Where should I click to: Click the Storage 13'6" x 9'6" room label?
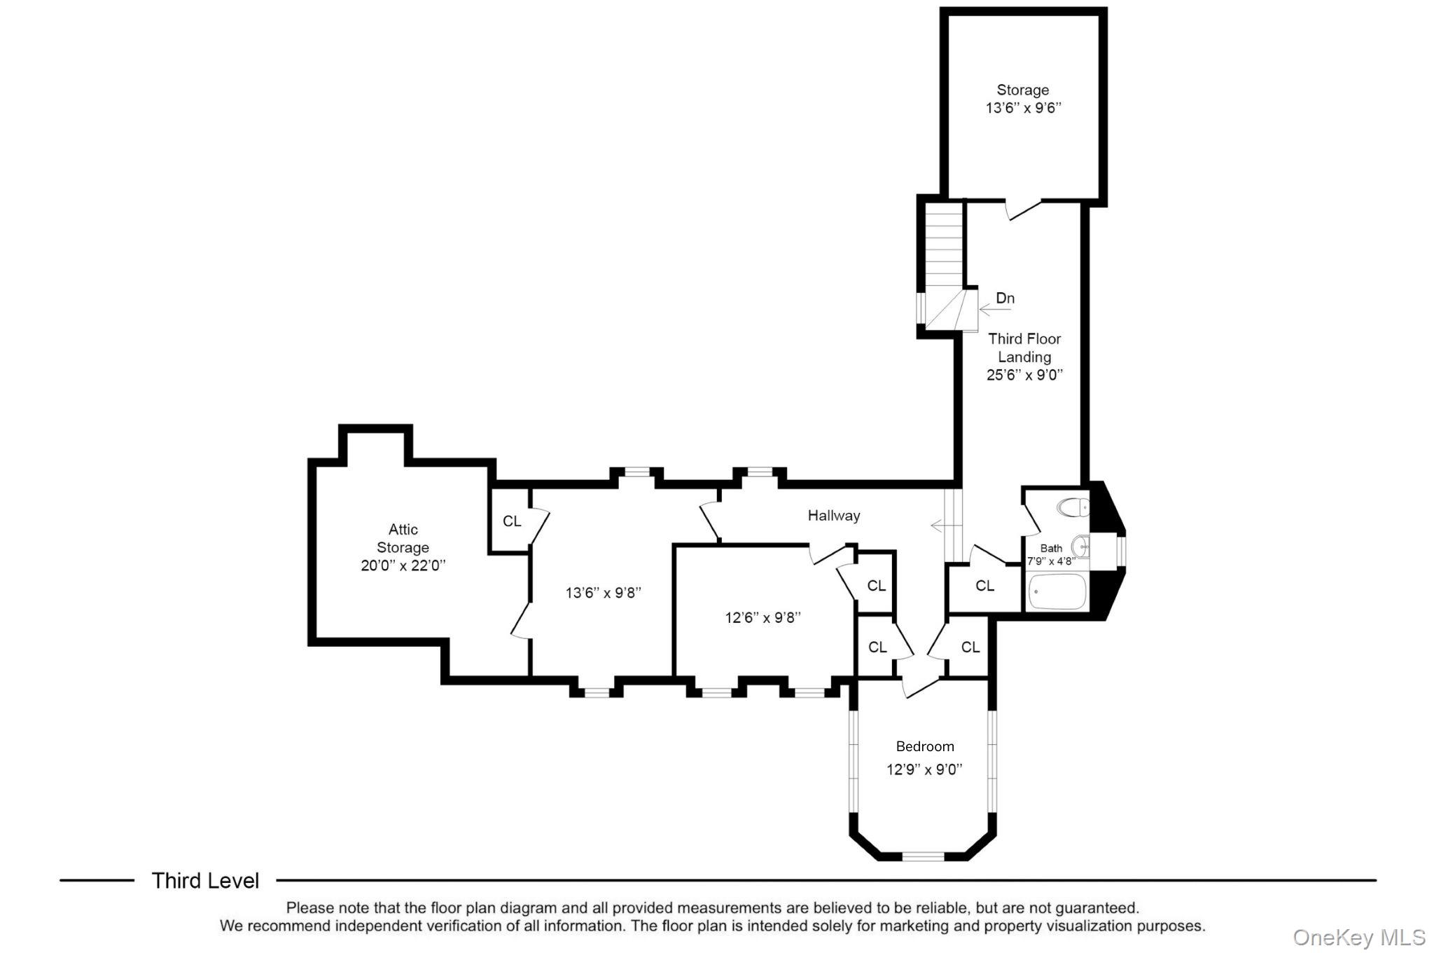coord(1023,99)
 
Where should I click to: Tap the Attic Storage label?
coord(403,538)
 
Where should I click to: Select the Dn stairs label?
coord(1005,299)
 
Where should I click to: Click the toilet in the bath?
coord(1074,507)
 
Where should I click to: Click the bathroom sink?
coord(1081,546)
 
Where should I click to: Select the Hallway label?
coord(833,516)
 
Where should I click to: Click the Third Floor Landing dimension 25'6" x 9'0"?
coord(1024,375)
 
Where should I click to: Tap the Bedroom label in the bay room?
coord(924,746)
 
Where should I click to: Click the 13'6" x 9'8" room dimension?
coord(603,593)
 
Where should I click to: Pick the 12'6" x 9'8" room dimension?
coord(763,617)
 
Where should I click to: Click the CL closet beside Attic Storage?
coord(512,521)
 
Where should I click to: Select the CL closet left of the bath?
coord(984,586)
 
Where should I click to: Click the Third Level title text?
coord(205,881)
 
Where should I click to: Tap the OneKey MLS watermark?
coord(1358,937)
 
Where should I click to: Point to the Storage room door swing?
coord(1023,210)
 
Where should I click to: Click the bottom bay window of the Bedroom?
coord(923,856)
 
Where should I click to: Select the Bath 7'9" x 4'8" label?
coord(1051,554)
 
